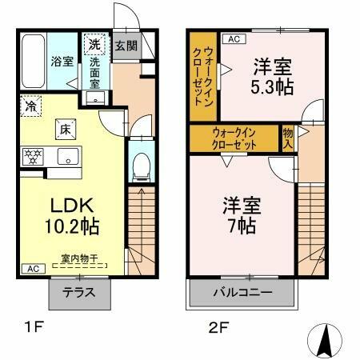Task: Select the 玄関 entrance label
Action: (x=126, y=46)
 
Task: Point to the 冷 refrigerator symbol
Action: (x=30, y=104)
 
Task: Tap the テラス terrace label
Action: (x=81, y=292)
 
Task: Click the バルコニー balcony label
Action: (x=242, y=292)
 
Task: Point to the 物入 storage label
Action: (x=288, y=138)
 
